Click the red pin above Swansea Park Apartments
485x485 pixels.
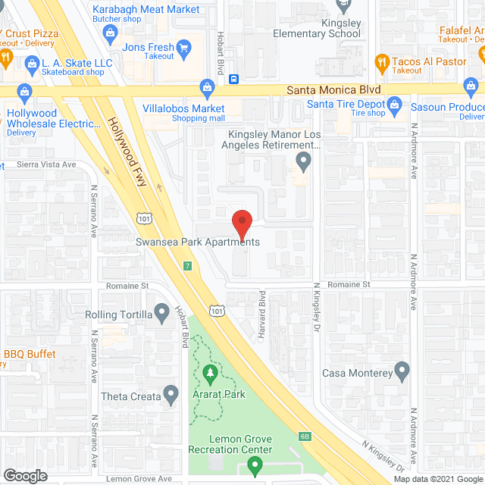click(241, 223)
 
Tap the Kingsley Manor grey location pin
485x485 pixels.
click(303, 160)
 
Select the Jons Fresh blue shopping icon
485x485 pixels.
click(181, 45)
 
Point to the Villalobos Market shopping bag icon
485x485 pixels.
click(206, 86)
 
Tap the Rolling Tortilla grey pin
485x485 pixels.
click(161, 312)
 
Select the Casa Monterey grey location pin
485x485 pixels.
click(402, 372)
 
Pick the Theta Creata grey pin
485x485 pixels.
click(173, 394)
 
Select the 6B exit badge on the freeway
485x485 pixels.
click(304, 436)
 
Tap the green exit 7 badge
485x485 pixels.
click(187, 265)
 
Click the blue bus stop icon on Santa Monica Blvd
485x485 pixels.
click(235, 78)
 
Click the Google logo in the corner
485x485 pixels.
click(24, 475)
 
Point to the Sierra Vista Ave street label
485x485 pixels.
click(39, 164)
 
